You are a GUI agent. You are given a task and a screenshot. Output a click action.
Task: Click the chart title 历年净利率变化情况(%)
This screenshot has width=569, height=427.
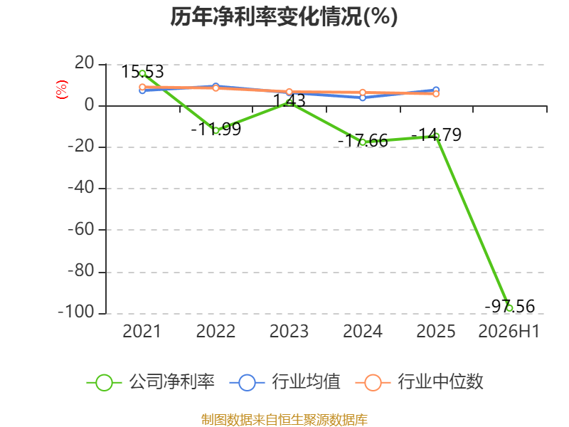pos(284,16)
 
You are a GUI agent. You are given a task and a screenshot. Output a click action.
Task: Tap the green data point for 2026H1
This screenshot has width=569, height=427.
pos(509,308)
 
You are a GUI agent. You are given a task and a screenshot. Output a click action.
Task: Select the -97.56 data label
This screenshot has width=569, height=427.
pos(510,307)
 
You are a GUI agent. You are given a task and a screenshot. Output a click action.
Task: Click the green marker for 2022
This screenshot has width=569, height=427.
pos(216,131)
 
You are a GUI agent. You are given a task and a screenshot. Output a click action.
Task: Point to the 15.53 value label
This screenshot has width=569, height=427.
pos(142,72)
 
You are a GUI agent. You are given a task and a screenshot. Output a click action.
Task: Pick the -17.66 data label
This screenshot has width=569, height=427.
pos(363,140)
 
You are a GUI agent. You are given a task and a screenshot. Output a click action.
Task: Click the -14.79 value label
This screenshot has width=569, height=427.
pos(436,135)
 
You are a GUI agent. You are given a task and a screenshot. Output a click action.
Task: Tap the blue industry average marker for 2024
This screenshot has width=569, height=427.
pos(363,97)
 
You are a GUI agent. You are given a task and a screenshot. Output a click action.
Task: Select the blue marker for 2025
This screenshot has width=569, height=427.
pos(436,90)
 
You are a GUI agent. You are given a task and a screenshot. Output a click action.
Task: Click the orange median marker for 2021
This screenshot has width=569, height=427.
pos(142,87)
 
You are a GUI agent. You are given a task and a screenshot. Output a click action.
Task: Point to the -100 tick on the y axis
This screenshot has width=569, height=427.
pos(76,312)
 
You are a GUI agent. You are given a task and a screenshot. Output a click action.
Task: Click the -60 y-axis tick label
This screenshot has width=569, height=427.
pos(81,229)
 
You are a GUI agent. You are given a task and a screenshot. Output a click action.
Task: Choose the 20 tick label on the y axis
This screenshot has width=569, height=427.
pos(85,63)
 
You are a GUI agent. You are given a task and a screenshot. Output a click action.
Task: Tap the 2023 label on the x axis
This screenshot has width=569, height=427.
pos(289,332)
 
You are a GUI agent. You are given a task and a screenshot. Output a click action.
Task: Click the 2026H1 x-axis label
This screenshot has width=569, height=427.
pos(509,332)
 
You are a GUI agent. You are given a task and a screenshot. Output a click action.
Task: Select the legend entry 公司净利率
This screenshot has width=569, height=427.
pos(151,382)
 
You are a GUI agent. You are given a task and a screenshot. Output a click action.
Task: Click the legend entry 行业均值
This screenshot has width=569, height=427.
pos(285,382)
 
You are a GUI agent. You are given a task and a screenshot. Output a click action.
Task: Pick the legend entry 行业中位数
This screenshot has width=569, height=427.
pos(419,382)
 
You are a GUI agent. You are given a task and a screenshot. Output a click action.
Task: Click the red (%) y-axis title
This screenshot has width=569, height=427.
pos(62,90)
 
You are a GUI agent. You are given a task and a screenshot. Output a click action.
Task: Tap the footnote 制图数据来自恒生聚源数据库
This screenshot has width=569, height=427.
pos(284,420)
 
